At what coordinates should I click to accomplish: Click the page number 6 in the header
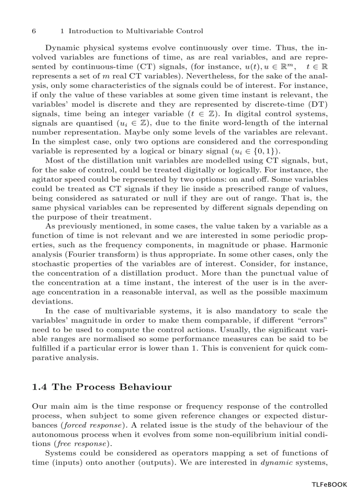click(34, 31)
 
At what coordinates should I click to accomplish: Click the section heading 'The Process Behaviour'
click(112, 387)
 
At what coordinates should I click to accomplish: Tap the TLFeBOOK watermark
click(329, 484)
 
